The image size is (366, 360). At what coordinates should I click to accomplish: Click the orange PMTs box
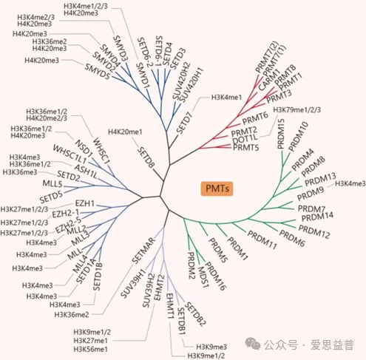(x=217, y=189)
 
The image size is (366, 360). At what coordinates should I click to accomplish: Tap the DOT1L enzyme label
(x=245, y=139)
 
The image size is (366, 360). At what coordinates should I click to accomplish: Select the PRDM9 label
(x=311, y=194)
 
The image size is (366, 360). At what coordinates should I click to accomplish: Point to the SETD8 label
(x=146, y=157)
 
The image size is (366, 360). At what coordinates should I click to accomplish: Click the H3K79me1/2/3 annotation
(x=297, y=109)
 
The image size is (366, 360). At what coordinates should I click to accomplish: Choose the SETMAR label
(x=143, y=250)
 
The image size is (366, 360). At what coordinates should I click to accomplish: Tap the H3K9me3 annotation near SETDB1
(x=211, y=347)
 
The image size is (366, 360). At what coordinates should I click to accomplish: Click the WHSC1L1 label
(x=70, y=154)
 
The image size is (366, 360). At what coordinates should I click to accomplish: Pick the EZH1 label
(x=85, y=203)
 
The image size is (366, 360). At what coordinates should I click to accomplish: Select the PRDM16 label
(x=215, y=276)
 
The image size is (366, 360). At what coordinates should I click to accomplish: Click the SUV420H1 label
(x=192, y=85)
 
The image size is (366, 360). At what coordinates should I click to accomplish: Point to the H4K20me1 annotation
(x=125, y=132)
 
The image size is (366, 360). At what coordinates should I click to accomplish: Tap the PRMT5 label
(x=246, y=148)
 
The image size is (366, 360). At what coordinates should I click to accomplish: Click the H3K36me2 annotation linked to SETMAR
(x=72, y=314)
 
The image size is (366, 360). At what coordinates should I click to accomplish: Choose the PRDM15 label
(x=281, y=134)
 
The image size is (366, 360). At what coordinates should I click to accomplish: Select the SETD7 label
(x=185, y=123)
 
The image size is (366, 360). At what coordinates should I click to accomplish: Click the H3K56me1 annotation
(x=91, y=349)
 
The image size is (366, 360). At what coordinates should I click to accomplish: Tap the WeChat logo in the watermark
(x=253, y=343)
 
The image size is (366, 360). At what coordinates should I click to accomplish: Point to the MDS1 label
(x=203, y=277)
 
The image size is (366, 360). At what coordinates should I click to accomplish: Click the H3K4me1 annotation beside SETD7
(x=227, y=98)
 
